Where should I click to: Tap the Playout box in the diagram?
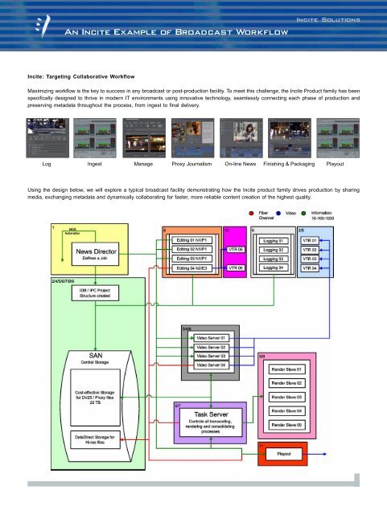tap(283, 454)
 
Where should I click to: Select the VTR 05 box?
tap(236, 251)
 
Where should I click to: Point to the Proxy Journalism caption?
tap(194, 162)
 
